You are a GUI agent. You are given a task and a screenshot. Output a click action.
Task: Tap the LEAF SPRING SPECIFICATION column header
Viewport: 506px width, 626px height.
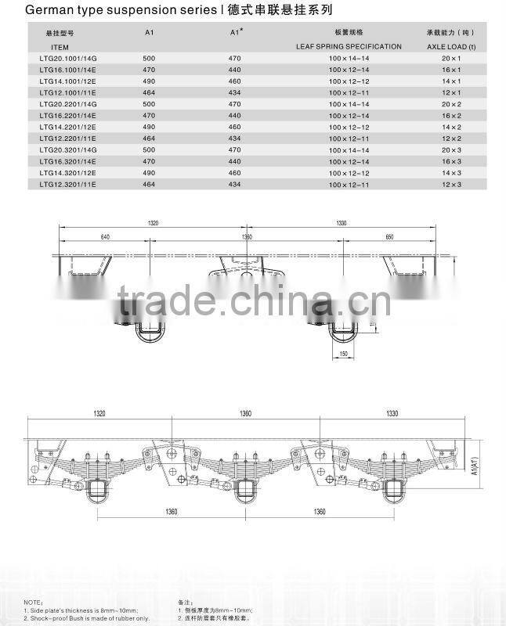point(349,47)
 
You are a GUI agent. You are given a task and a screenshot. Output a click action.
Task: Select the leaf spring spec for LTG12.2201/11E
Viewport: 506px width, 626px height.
point(349,139)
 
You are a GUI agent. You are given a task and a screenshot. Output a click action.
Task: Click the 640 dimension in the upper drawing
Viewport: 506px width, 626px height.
point(105,236)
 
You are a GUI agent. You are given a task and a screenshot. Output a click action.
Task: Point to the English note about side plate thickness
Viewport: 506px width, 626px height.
point(81,610)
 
